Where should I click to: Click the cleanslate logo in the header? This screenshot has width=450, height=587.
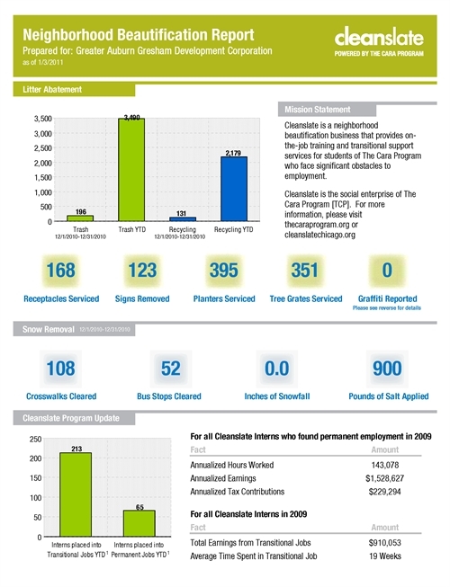point(379,41)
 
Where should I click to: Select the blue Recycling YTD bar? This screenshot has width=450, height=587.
point(234,189)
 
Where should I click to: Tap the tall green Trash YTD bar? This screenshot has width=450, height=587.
point(131,170)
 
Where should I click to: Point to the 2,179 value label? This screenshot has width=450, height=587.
point(233,153)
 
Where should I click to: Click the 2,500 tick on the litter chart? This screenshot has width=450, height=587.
point(43,148)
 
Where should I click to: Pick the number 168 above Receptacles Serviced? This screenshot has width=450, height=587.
point(60,270)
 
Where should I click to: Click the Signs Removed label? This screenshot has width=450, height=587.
point(142,298)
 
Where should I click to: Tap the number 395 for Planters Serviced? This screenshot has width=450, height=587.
point(224,270)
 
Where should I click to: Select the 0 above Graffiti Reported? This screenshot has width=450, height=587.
point(387,270)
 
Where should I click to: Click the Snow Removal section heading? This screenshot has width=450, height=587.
point(49,329)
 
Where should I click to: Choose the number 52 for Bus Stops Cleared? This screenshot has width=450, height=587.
point(171,369)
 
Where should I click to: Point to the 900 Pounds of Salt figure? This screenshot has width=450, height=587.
point(387,369)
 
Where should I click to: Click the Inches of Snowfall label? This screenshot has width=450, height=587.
point(277,396)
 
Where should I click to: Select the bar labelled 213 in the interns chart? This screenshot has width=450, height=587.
point(76,494)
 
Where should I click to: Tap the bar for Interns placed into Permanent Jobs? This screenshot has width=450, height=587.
point(139,523)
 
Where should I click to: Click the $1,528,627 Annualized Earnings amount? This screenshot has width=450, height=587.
point(385,478)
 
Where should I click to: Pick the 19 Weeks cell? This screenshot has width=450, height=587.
point(385,556)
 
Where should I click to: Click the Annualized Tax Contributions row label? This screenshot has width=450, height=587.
point(238,492)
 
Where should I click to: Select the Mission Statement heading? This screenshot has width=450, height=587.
point(318,110)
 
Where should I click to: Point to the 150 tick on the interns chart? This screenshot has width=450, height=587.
point(36,478)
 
